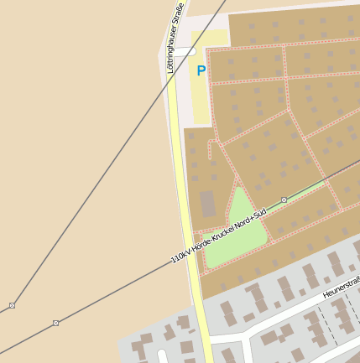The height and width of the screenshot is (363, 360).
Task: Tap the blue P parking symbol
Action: point(201,71)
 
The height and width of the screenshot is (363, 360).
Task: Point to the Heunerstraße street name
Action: point(342,288)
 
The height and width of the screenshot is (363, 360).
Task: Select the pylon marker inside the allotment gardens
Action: point(284,200)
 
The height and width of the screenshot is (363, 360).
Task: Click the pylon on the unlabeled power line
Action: point(12,305)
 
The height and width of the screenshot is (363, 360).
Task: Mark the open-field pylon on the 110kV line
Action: point(55,323)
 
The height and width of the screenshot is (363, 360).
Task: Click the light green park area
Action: point(236,227)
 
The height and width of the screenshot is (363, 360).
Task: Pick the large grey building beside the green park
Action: point(207,204)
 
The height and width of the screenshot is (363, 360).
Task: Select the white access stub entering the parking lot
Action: point(183,52)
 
